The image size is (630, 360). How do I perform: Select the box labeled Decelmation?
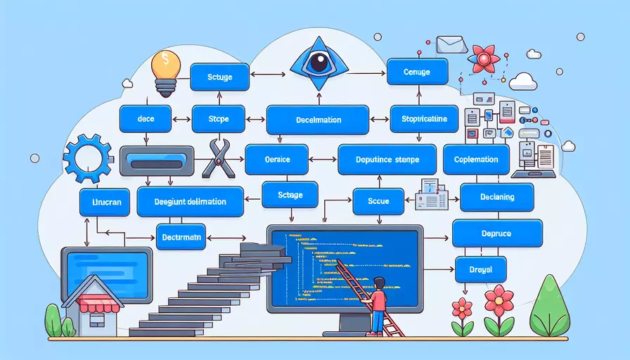pyautogui.click(x=318, y=120)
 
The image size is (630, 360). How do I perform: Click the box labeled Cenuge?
pyautogui.click(x=418, y=72)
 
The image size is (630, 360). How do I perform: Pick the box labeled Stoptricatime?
pyautogui.click(x=424, y=118)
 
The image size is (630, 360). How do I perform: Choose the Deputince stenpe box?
pyautogui.click(x=388, y=160)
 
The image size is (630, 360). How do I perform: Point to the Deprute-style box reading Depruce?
pyautogui.click(x=497, y=232)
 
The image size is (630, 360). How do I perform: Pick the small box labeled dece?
pyautogui.click(x=146, y=119)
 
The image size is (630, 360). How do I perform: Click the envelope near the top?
pyautogui.click(x=446, y=45)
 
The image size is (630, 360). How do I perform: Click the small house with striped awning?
pyautogui.click(x=92, y=304)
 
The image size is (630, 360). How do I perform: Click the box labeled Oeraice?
pyautogui.click(x=277, y=160)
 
